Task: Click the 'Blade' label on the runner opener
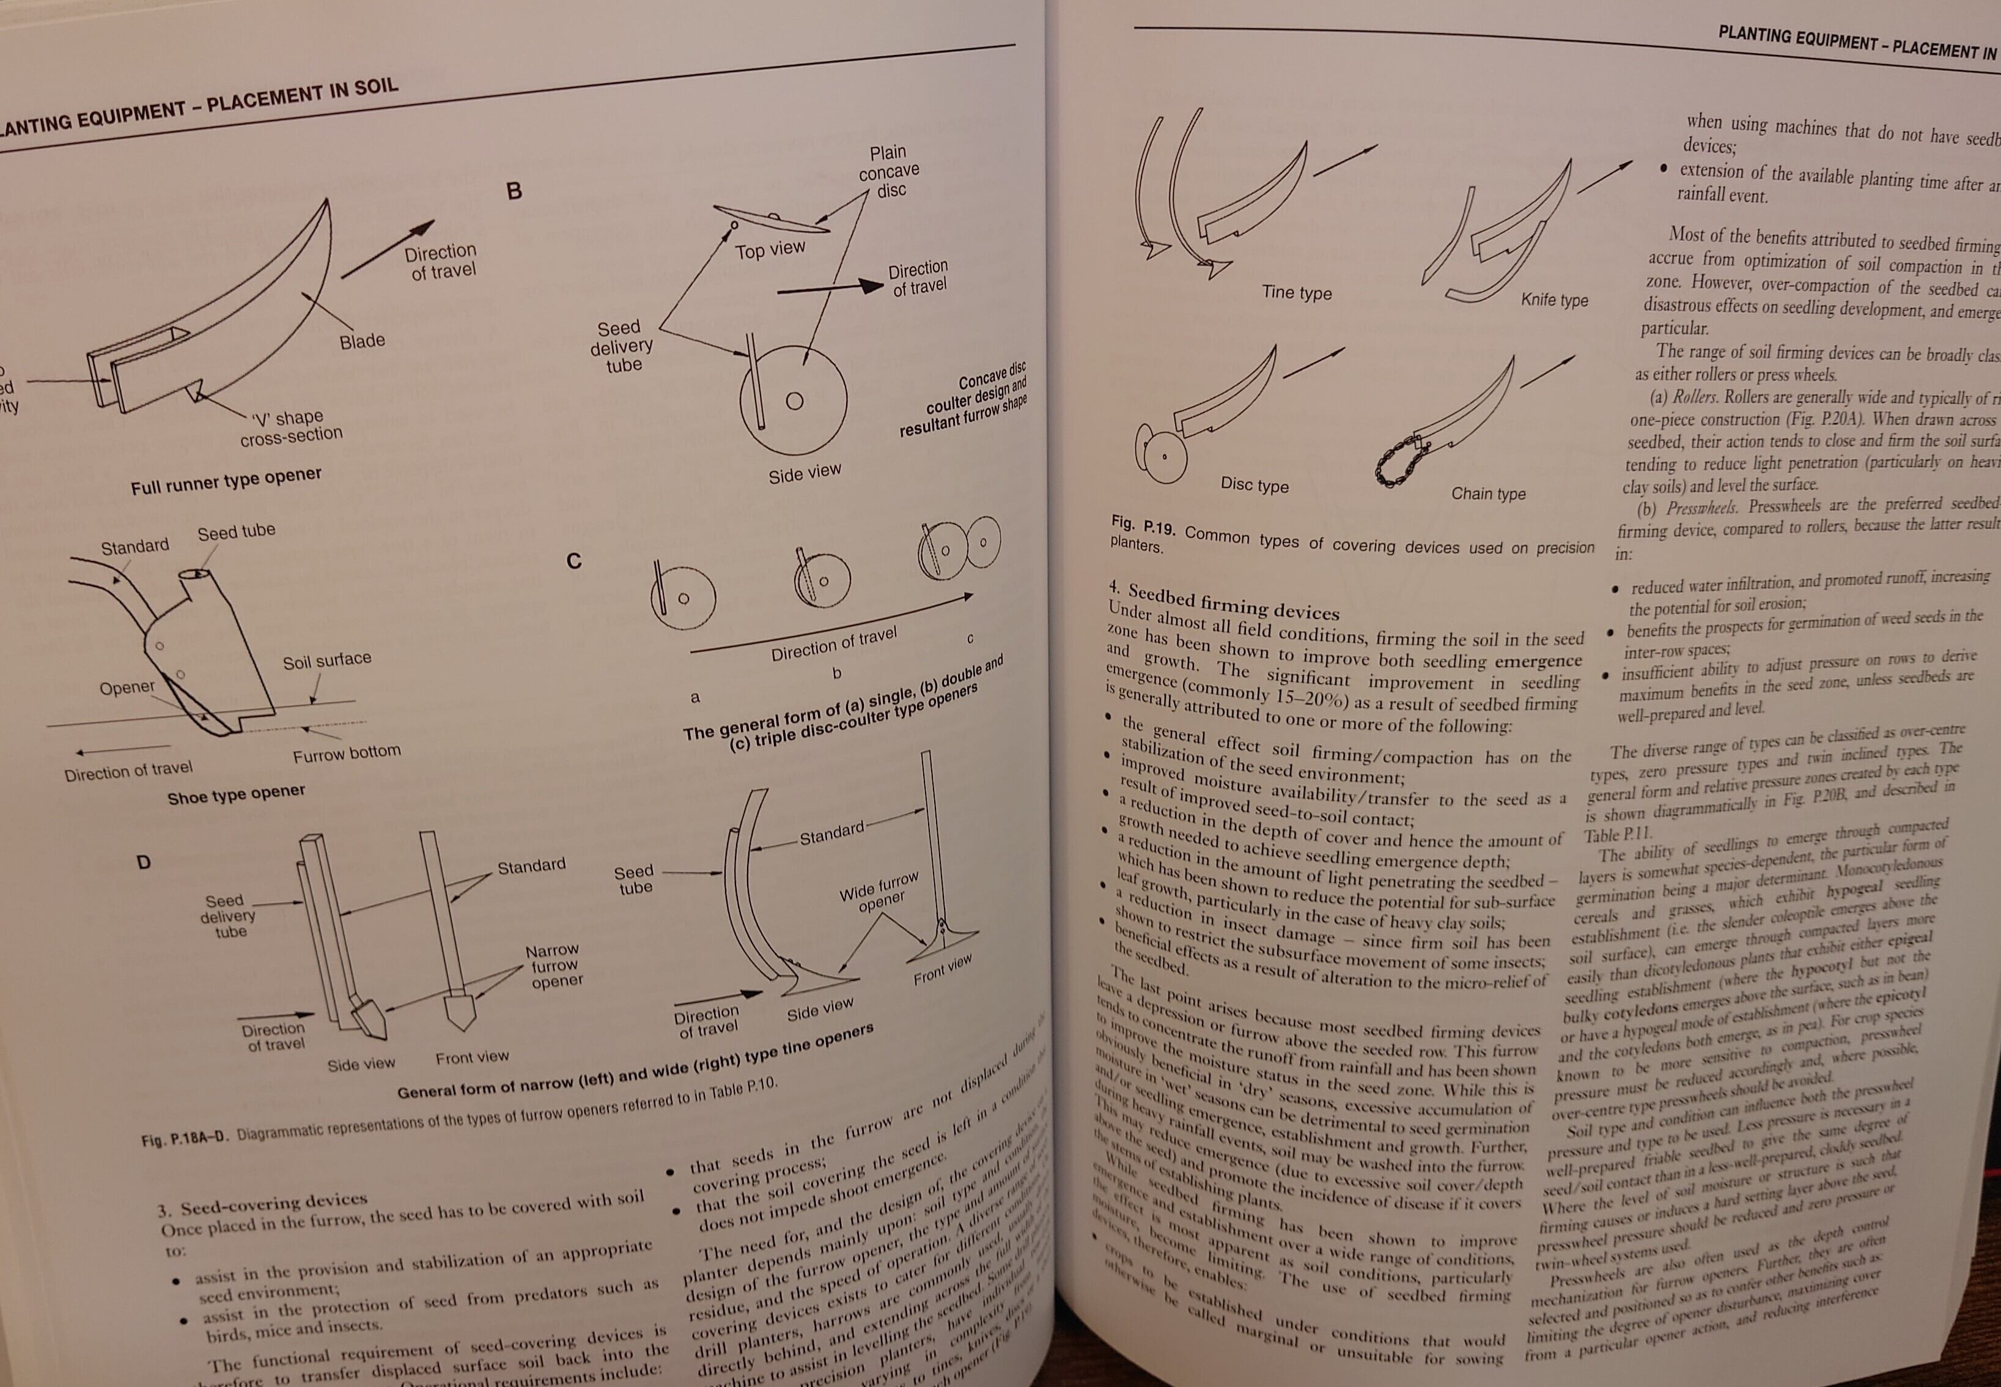(x=363, y=341)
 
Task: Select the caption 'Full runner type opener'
(x=226, y=481)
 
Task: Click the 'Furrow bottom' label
(x=347, y=753)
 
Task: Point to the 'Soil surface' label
(x=326, y=660)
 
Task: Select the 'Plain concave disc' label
(x=889, y=171)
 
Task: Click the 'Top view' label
(x=770, y=250)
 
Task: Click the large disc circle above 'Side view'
(x=794, y=401)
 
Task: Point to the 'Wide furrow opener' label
(x=879, y=892)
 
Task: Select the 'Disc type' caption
(x=1254, y=484)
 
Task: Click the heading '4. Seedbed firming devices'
(x=1225, y=601)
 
